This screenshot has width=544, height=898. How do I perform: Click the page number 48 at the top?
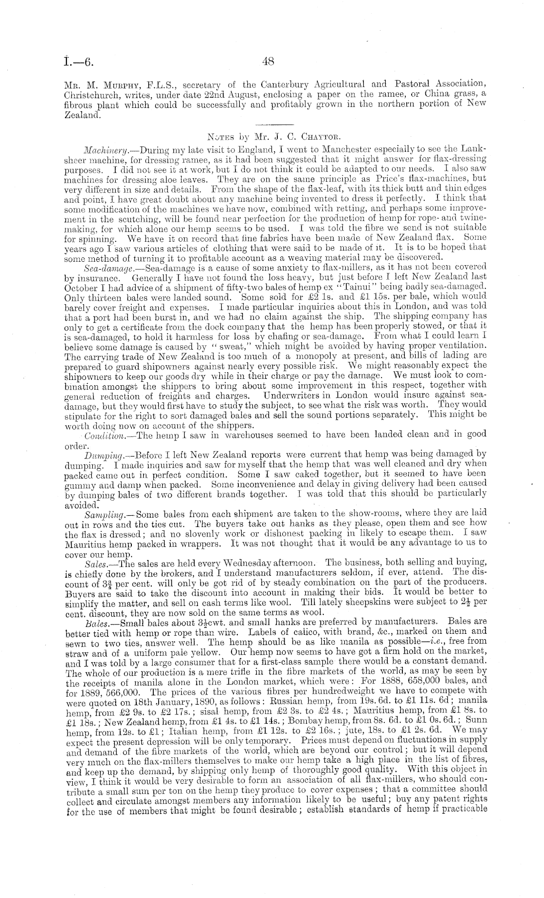click(269, 62)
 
